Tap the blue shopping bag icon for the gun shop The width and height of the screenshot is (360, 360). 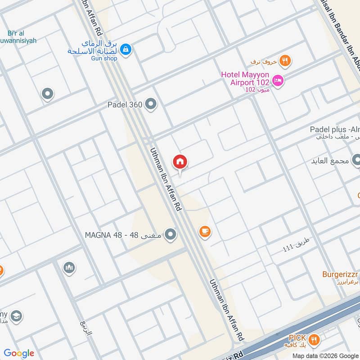pyautogui.click(x=126, y=48)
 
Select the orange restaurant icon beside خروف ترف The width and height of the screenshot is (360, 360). pyautogui.click(x=284, y=60)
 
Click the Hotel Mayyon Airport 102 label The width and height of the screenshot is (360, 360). pyautogui.click(x=245, y=78)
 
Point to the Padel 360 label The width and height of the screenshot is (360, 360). pyautogui.click(x=125, y=105)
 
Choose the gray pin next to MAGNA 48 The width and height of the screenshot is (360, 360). pyautogui.click(x=170, y=234)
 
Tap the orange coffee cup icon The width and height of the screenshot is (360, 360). pyautogui.click(x=205, y=232)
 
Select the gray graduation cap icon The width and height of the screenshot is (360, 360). pyautogui.click(x=16, y=315)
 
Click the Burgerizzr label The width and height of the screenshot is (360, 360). pyautogui.click(x=340, y=274)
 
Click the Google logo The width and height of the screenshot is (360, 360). pyautogui.click(x=19, y=353)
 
